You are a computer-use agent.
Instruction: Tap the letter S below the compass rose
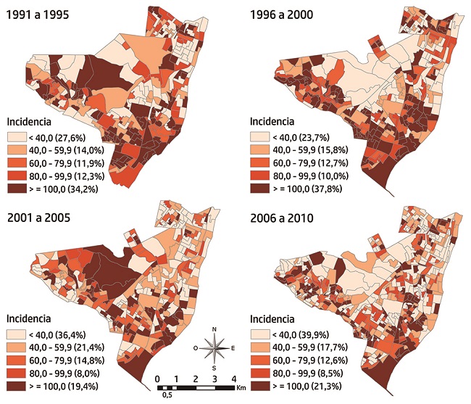tap(214, 368)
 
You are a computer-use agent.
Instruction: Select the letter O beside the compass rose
tap(195, 348)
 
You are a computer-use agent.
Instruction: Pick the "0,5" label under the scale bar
tap(167, 395)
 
